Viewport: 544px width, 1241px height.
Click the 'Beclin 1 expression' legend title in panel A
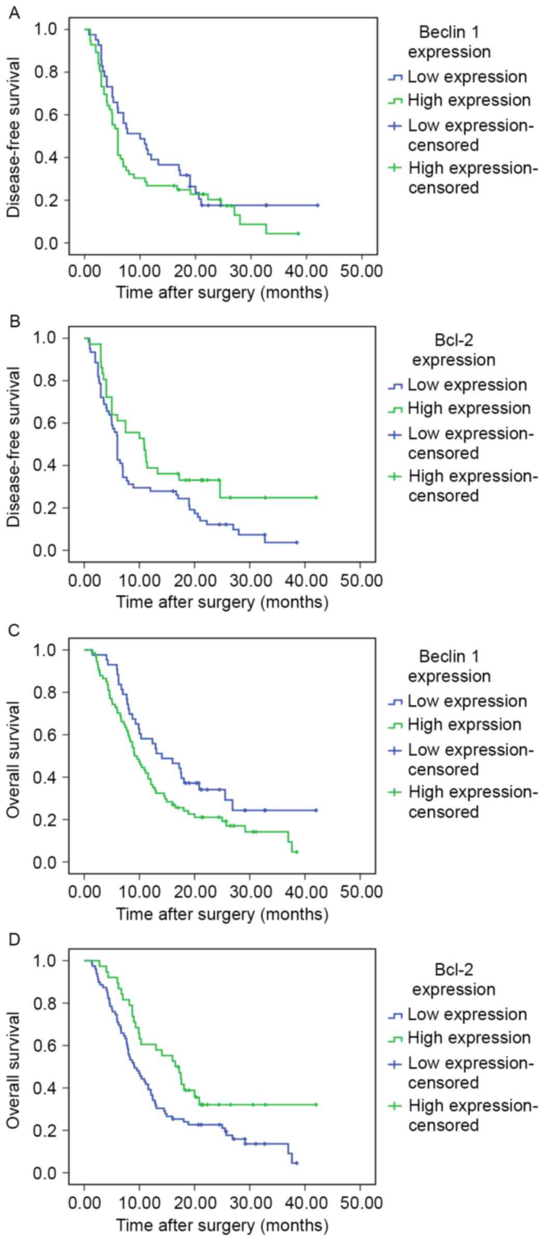449,42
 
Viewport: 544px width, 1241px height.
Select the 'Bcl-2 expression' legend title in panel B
453,350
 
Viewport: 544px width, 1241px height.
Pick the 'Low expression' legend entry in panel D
467,1014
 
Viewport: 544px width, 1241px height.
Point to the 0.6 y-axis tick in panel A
46,115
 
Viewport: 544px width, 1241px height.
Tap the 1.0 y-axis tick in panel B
46,338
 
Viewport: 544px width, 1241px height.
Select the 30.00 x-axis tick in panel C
251,892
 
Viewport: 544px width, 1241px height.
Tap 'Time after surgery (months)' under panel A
222,292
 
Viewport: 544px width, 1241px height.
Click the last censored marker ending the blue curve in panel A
317,205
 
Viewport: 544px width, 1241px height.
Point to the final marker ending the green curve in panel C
296,852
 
